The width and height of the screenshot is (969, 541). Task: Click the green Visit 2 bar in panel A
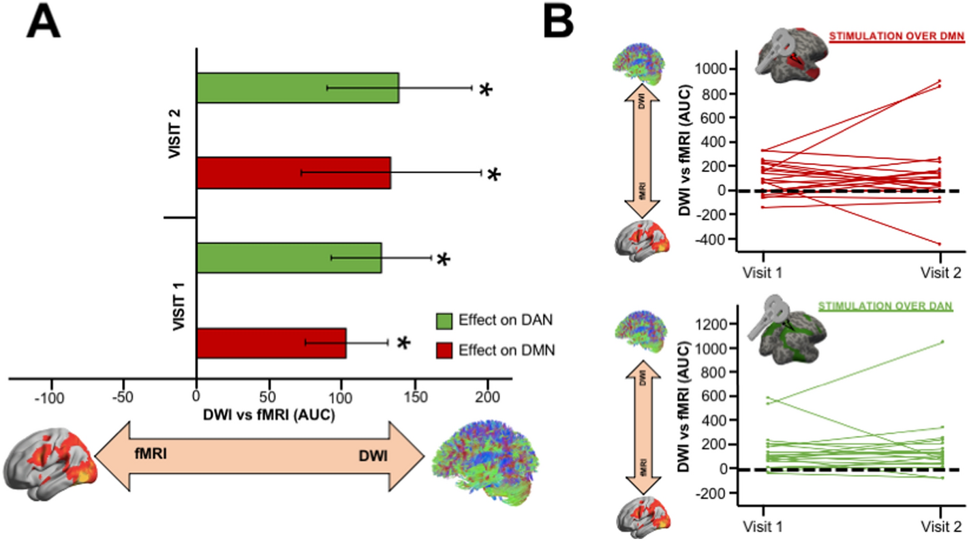[x=298, y=88]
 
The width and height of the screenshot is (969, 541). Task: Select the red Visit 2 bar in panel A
[x=293, y=173]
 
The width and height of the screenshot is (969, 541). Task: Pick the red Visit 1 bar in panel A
[x=271, y=342]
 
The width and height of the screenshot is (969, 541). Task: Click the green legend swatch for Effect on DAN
[x=444, y=321]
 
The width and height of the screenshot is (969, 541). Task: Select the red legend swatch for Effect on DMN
[x=444, y=351]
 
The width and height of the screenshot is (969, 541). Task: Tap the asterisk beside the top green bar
[x=485, y=91]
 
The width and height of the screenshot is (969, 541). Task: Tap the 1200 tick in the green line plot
[x=710, y=323]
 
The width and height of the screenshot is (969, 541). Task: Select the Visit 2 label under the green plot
[x=940, y=527]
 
